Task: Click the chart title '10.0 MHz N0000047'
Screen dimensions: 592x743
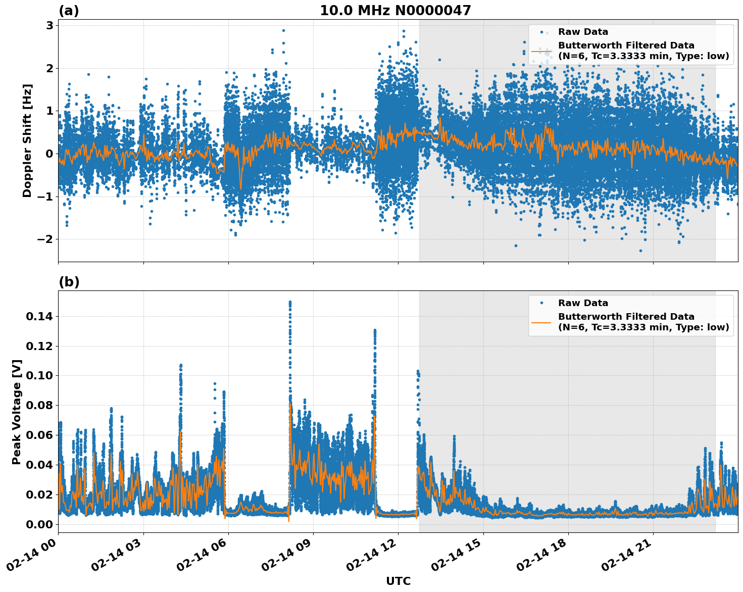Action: (x=395, y=11)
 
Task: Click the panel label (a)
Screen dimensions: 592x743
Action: (x=69, y=11)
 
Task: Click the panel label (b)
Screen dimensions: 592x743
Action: (x=69, y=282)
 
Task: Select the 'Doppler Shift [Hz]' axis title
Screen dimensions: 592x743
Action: (x=27, y=140)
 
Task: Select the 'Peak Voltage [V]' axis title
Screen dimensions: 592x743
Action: (x=17, y=412)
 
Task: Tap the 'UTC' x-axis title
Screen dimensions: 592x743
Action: (x=398, y=581)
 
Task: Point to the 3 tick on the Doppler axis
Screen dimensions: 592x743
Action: (x=49, y=25)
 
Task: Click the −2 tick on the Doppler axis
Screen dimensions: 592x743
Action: (x=45, y=239)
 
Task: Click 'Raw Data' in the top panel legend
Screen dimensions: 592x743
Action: (x=583, y=32)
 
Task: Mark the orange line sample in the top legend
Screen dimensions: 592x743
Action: (x=541, y=51)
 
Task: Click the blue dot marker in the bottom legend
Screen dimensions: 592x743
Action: (x=541, y=303)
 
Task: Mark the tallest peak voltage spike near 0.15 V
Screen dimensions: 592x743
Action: (x=290, y=302)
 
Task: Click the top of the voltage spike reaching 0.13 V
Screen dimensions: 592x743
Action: (x=375, y=330)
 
